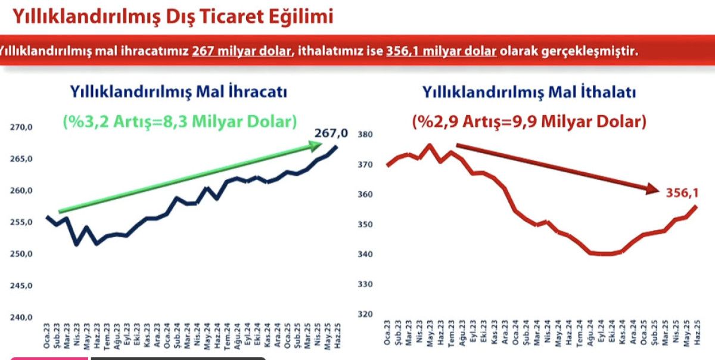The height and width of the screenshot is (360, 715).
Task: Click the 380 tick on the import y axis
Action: tap(365, 135)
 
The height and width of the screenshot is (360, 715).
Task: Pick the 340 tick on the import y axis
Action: tap(365, 255)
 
